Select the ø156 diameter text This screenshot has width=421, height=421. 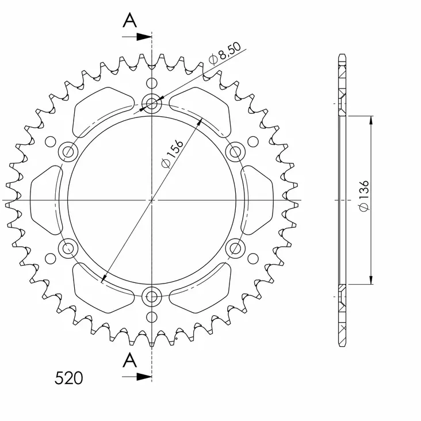pyautogui.click(x=173, y=154)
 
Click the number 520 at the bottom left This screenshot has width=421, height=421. pyautogui.click(x=68, y=378)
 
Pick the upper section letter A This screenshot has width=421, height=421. pyautogui.click(x=131, y=21)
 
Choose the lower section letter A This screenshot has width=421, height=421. pyautogui.click(x=131, y=360)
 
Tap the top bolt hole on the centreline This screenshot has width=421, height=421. pyautogui.click(x=152, y=104)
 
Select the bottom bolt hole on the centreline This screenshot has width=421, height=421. pyautogui.click(x=152, y=297)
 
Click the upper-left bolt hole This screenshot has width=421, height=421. pyautogui.click(x=69, y=152)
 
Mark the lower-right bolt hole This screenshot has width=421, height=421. pyautogui.click(x=235, y=248)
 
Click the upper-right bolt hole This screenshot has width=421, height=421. pyautogui.click(x=235, y=152)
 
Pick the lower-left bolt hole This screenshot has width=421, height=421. pyautogui.click(x=69, y=248)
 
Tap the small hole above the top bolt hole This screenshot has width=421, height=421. pyautogui.click(x=152, y=82)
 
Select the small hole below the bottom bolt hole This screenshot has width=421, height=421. pyautogui.click(x=152, y=317)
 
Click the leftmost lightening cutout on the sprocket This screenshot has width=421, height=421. pyautogui.click(x=45, y=199)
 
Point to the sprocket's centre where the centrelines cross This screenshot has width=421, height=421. pyautogui.click(x=152, y=200)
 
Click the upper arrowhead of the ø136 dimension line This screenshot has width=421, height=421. pyautogui.click(x=371, y=120)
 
